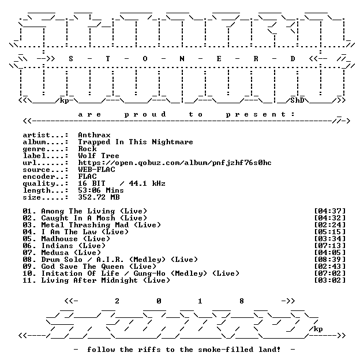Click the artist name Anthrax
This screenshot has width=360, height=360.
[x=94, y=135]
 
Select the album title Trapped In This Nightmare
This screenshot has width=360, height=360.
[x=136, y=142]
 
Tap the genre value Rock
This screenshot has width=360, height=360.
[x=87, y=149]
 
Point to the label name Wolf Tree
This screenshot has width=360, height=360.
[x=99, y=156]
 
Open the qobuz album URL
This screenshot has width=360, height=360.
[x=175, y=163]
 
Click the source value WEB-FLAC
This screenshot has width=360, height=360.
[x=96, y=170]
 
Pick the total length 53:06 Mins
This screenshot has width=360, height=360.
[x=101, y=190]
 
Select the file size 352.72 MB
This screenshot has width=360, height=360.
[x=99, y=197]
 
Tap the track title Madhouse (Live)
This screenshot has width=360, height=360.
[x=76, y=239]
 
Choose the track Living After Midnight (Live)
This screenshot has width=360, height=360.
[x=106, y=280]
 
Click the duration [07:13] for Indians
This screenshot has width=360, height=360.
[x=329, y=246]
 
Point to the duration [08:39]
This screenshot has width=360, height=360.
[x=329, y=260]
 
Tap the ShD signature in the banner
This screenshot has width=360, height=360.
[x=297, y=100]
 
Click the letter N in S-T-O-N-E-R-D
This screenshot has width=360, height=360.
[x=182, y=59]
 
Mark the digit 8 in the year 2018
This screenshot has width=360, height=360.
[x=242, y=301]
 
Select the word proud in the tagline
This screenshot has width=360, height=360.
[x=145, y=114]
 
